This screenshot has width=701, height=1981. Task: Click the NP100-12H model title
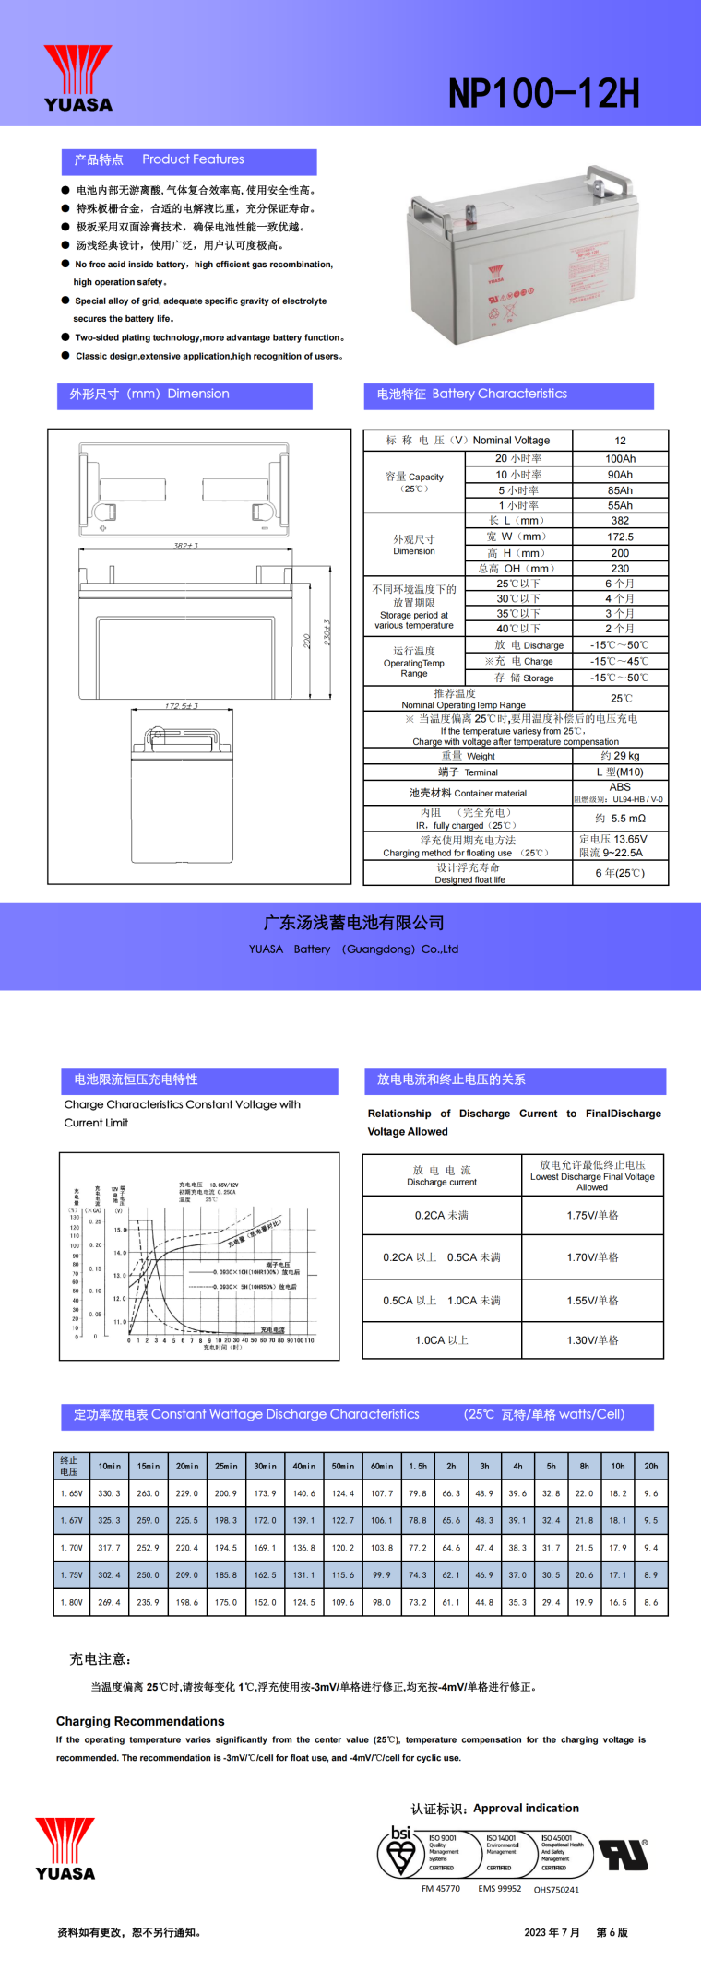(543, 93)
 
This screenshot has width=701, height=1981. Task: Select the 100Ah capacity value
(620, 458)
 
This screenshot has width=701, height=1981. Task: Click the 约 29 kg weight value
(620, 756)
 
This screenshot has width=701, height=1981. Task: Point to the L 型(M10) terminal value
(620, 772)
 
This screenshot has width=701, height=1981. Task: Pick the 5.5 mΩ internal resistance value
(620, 819)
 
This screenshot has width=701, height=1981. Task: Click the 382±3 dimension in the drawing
(185, 546)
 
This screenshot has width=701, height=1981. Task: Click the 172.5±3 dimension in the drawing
(182, 706)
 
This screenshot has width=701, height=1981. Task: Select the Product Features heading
(193, 159)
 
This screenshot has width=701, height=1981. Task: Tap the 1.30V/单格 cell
(592, 1340)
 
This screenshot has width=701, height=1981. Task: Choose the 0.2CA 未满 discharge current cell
(442, 1216)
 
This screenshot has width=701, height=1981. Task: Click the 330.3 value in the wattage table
(110, 1493)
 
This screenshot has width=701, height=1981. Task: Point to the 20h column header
(651, 1466)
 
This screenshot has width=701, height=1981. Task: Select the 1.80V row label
(71, 1602)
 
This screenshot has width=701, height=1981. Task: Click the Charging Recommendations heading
(140, 1721)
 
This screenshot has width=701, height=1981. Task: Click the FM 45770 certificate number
(441, 1888)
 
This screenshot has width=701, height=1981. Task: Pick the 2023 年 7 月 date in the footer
(552, 1932)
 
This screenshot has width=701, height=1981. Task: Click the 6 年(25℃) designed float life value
(620, 873)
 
